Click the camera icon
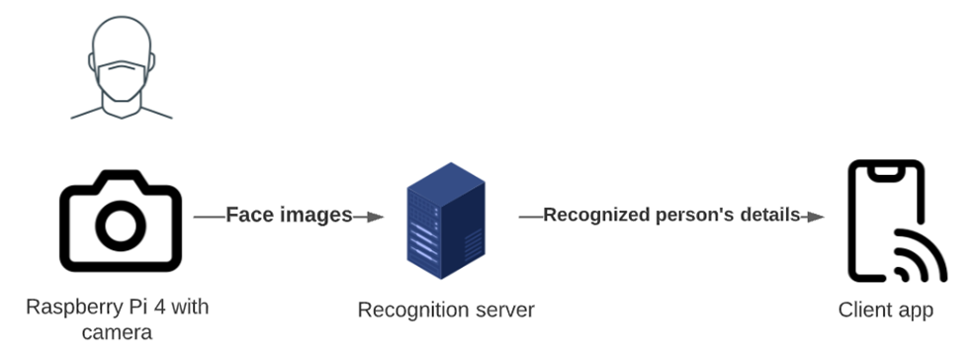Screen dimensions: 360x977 [121, 219]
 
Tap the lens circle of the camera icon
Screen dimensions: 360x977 [121, 225]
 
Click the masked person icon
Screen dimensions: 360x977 [121, 69]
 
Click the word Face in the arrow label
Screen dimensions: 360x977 [247, 215]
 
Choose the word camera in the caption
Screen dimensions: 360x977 [118, 332]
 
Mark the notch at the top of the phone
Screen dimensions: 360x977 [886, 170]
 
